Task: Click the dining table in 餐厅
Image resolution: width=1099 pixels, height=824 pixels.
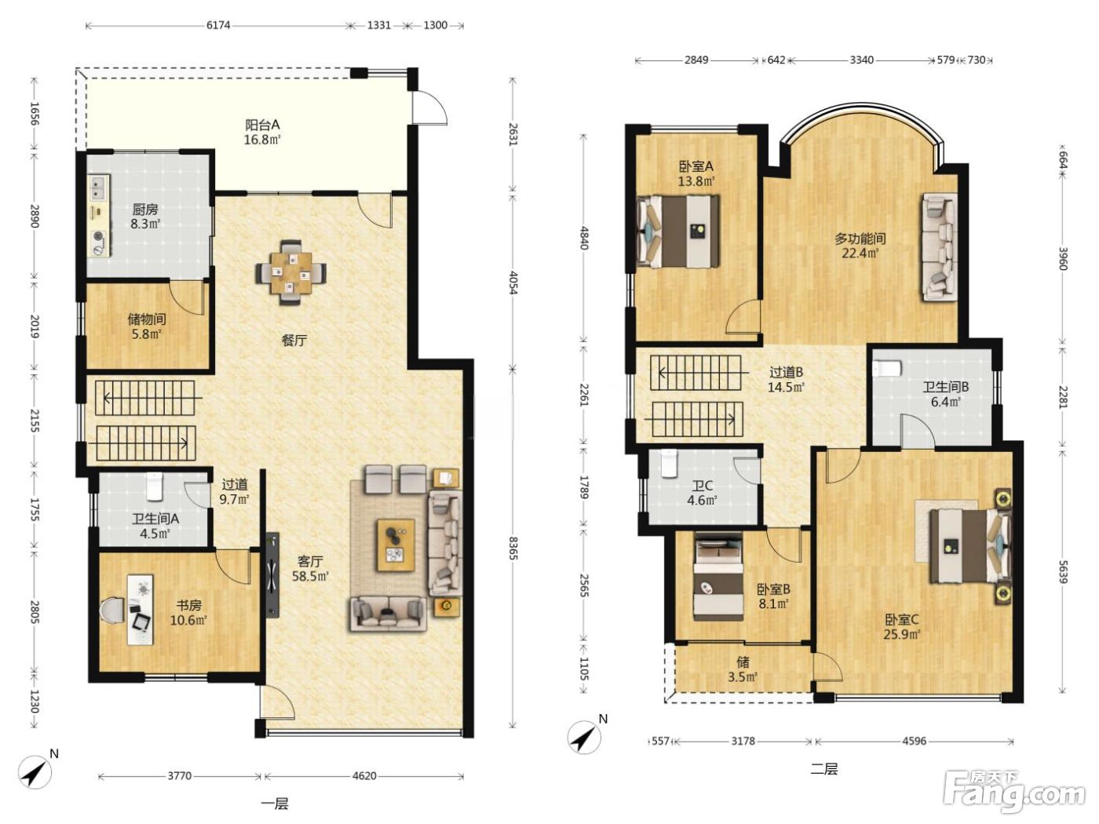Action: (290, 272)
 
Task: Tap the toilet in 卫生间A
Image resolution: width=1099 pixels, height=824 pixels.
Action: (154, 487)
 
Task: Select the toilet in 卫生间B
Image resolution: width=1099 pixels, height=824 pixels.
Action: (887, 369)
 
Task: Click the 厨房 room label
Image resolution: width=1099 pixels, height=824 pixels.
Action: (145, 209)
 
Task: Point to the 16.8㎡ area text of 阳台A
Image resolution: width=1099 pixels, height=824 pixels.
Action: (261, 140)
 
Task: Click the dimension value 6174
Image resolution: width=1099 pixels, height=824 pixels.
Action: (218, 25)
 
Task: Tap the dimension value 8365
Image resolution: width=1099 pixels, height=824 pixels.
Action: (512, 549)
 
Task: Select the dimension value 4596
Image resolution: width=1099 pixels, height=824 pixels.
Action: (914, 741)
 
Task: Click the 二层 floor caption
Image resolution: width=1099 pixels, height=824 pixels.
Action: (823, 768)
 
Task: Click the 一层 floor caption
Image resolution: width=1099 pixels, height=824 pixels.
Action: (275, 804)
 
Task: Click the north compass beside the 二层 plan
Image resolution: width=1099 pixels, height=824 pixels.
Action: (584, 736)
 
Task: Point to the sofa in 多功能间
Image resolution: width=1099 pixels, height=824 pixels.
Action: (939, 246)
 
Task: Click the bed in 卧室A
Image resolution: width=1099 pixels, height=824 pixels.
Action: (679, 232)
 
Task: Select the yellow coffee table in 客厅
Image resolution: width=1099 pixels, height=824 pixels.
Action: (396, 545)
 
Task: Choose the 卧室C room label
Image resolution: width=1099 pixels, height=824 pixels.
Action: (902, 620)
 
